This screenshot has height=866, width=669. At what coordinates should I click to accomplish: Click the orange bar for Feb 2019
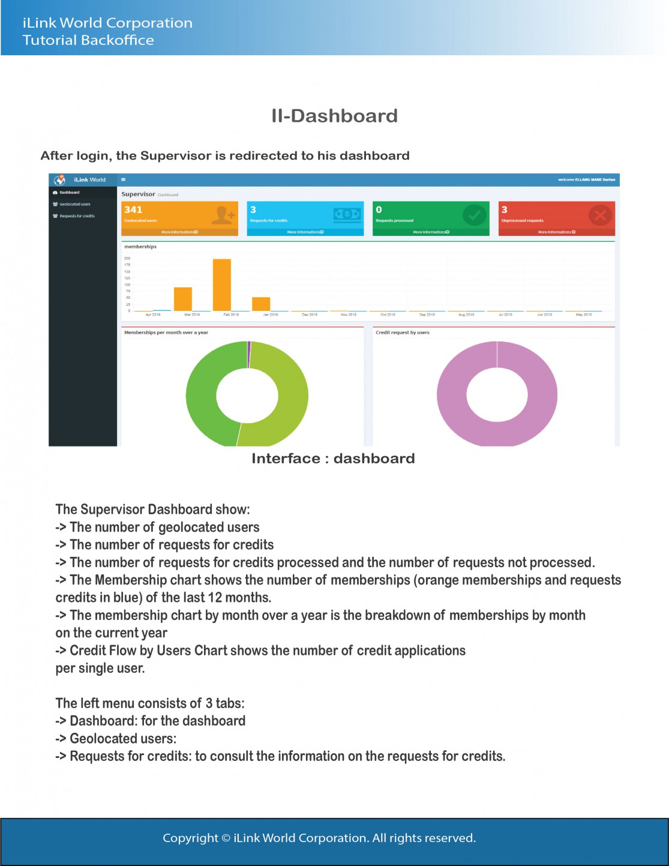point(222,284)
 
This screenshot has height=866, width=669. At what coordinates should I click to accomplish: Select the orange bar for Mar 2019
point(183,299)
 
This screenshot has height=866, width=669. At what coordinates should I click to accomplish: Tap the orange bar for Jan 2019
point(261,304)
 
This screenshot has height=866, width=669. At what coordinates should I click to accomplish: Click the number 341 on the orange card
point(133,209)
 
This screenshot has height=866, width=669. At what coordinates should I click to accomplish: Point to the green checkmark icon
point(474,215)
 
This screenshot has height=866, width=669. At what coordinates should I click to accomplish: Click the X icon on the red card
point(599,215)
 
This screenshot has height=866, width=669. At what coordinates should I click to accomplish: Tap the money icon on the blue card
point(347,214)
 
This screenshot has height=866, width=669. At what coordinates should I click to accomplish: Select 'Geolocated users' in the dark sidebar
point(74,204)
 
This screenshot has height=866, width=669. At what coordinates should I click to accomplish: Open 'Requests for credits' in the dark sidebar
point(77,216)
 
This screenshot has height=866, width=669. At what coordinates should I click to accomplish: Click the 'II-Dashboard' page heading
point(334,116)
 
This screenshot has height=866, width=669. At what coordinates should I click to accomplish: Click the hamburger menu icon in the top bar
point(123,179)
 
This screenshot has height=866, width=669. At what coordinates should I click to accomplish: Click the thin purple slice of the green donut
point(249,355)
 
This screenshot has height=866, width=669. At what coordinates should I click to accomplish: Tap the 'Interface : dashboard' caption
point(333,459)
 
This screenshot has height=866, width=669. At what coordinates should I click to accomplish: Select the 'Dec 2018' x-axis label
point(310,314)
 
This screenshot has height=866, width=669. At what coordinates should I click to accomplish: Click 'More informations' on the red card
point(556,232)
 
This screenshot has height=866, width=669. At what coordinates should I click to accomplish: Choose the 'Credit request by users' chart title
point(402,332)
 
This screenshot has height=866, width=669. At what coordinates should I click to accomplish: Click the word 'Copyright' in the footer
point(190,838)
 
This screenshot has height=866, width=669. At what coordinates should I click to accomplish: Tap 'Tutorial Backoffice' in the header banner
point(88,40)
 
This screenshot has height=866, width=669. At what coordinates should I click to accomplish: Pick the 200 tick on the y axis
point(127,258)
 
